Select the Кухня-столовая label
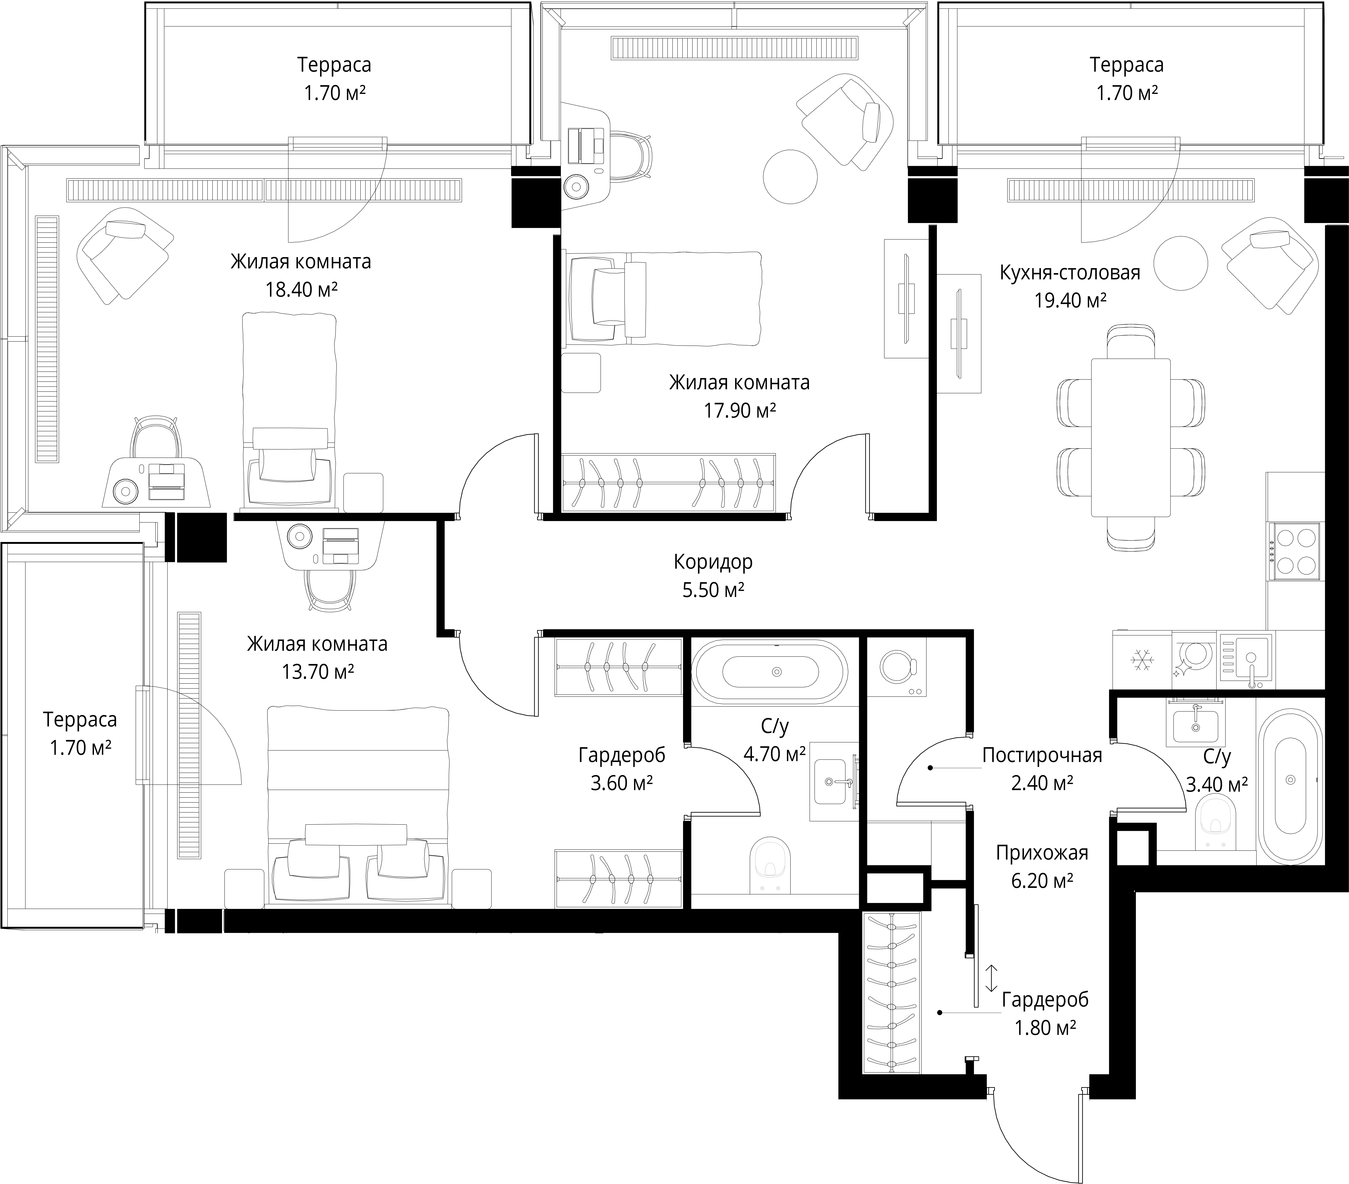point(1070,272)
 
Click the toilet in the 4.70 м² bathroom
point(771,865)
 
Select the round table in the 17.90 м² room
point(790,177)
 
